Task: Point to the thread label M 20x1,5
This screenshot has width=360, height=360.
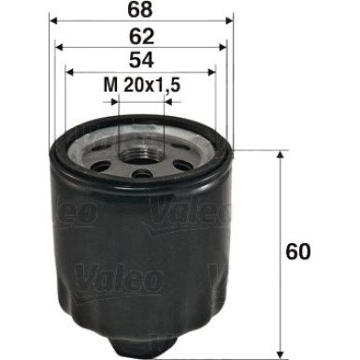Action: click(x=141, y=88)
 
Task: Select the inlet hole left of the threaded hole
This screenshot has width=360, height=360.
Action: click(x=101, y=161)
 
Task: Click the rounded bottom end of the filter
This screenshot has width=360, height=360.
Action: click(x=140, y=344)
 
